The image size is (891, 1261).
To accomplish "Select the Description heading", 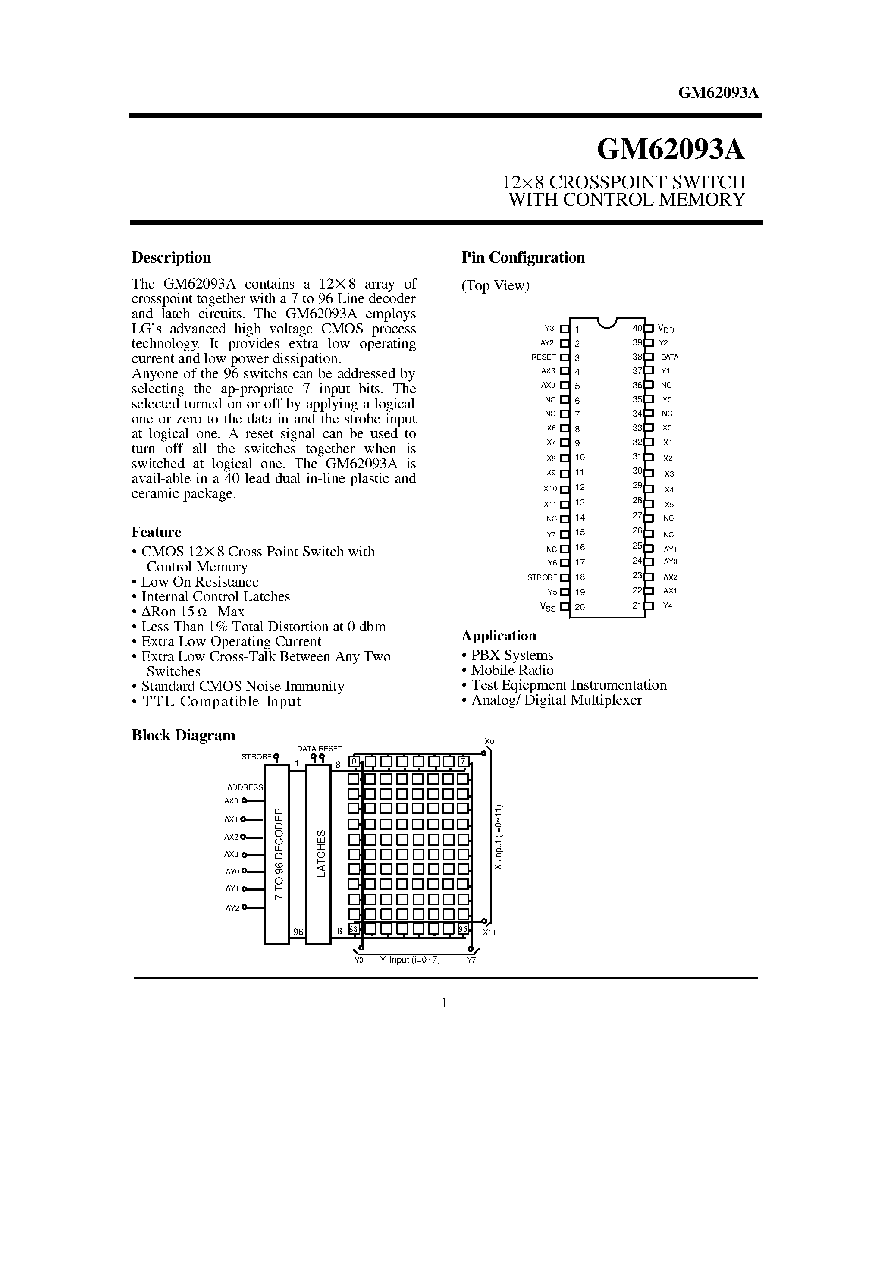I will (x=171, y=257).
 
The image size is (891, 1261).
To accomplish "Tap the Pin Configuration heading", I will (x=523, y=257).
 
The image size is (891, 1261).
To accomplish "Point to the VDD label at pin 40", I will (x=666, y=329).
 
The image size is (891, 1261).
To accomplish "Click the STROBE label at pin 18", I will (x=542, y=577).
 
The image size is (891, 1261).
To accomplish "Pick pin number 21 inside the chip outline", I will (x=637, y=605).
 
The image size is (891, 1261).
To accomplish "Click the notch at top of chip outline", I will (x=606, y=323).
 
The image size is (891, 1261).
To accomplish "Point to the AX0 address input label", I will (x=231, y=801).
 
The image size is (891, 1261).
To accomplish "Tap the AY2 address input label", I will (x=232, y=908).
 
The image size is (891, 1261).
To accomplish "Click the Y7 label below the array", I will (x=471, y=960).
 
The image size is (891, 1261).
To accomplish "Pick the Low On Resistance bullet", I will (x=199, y=582).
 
